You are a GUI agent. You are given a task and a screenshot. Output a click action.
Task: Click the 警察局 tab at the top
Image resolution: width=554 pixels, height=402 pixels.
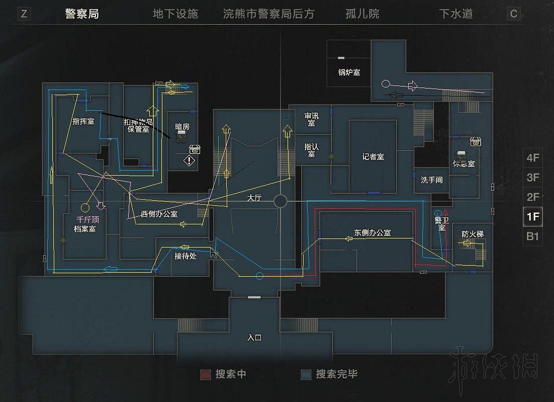82,14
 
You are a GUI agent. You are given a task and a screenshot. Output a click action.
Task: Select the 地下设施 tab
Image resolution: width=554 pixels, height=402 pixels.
175,14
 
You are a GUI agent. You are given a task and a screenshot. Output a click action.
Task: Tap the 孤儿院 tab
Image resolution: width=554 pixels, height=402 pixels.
362,14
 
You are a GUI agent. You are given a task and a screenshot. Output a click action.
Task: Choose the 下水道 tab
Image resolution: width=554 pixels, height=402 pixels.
456,14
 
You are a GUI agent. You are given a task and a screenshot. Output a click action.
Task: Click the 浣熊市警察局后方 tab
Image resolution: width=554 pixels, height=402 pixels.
268,14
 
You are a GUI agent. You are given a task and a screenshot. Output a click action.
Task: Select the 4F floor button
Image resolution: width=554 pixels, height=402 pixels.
533,158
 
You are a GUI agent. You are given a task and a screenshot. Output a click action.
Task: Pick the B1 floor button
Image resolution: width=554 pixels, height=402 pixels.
533,236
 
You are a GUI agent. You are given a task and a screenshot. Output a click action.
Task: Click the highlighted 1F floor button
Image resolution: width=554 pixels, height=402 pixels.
533,217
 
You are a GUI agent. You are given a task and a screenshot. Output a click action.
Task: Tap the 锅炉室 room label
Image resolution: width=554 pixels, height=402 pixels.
349,72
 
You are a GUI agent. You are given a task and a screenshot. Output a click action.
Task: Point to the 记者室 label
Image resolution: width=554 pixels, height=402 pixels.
373,156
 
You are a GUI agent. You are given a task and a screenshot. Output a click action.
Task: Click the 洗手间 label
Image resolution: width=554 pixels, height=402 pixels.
431,180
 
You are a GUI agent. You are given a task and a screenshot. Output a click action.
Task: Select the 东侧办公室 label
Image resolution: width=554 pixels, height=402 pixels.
373,233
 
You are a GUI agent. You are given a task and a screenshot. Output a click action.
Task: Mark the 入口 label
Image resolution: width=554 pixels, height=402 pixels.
255,338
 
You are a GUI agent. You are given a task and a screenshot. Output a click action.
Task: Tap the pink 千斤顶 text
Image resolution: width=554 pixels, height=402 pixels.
87,220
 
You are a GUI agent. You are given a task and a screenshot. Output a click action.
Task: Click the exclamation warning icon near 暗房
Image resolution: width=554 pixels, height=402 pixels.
189,161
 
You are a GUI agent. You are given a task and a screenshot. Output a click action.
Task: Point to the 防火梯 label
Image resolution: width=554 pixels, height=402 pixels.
473,234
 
